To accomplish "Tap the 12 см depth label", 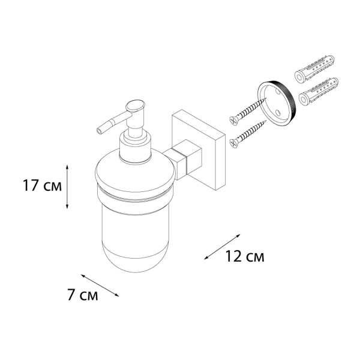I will point(245,257).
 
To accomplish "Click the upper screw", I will point(246,112).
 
